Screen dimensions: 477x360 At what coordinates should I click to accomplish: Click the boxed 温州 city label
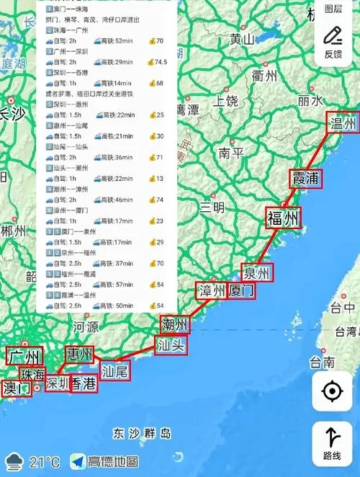click(343, 124)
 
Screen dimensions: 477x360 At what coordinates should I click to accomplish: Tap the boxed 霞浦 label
click(305, 178)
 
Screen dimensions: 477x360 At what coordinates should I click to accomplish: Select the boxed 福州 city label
click(282, 218)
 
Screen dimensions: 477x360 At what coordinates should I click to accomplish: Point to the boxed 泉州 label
click(256, 273)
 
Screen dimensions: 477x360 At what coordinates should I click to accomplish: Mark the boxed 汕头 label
click(171, 345)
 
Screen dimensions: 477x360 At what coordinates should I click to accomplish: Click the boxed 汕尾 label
click(114, 371)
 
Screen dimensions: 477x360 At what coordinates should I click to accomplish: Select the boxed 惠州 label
click(79, 355)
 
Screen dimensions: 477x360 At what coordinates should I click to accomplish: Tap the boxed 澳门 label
click(17, 388)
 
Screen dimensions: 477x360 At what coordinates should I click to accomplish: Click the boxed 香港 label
click(83, 384)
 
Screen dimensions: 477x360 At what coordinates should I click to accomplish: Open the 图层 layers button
click(333, 9)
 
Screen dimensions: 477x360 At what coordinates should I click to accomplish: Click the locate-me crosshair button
click(332, 391)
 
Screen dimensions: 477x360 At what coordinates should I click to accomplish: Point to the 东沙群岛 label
click(142, 433)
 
